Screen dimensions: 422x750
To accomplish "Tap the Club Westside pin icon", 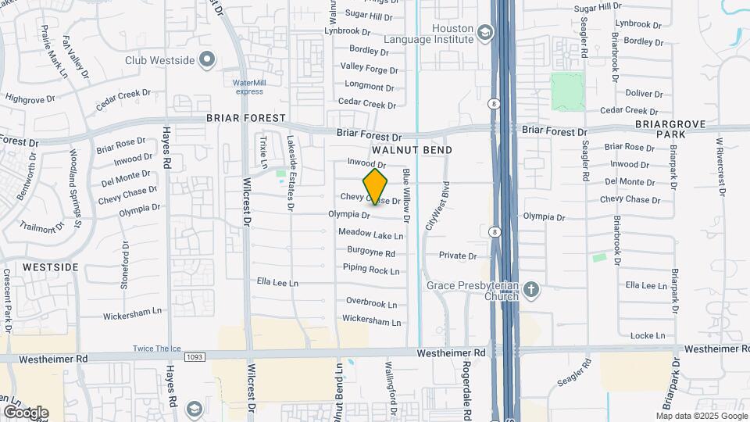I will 206,59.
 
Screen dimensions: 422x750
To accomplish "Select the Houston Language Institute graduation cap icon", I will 485,34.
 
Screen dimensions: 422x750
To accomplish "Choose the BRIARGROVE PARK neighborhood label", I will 671,130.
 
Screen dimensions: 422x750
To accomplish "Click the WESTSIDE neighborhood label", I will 50,267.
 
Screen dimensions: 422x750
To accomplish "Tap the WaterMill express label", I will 249,87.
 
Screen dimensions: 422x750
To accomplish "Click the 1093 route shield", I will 195,357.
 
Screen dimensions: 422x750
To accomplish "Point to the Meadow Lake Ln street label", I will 370,234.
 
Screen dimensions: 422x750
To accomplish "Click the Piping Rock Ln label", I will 371,270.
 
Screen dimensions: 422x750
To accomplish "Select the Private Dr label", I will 457,256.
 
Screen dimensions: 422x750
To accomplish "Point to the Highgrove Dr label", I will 30,99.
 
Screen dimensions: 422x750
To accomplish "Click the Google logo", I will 26,413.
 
